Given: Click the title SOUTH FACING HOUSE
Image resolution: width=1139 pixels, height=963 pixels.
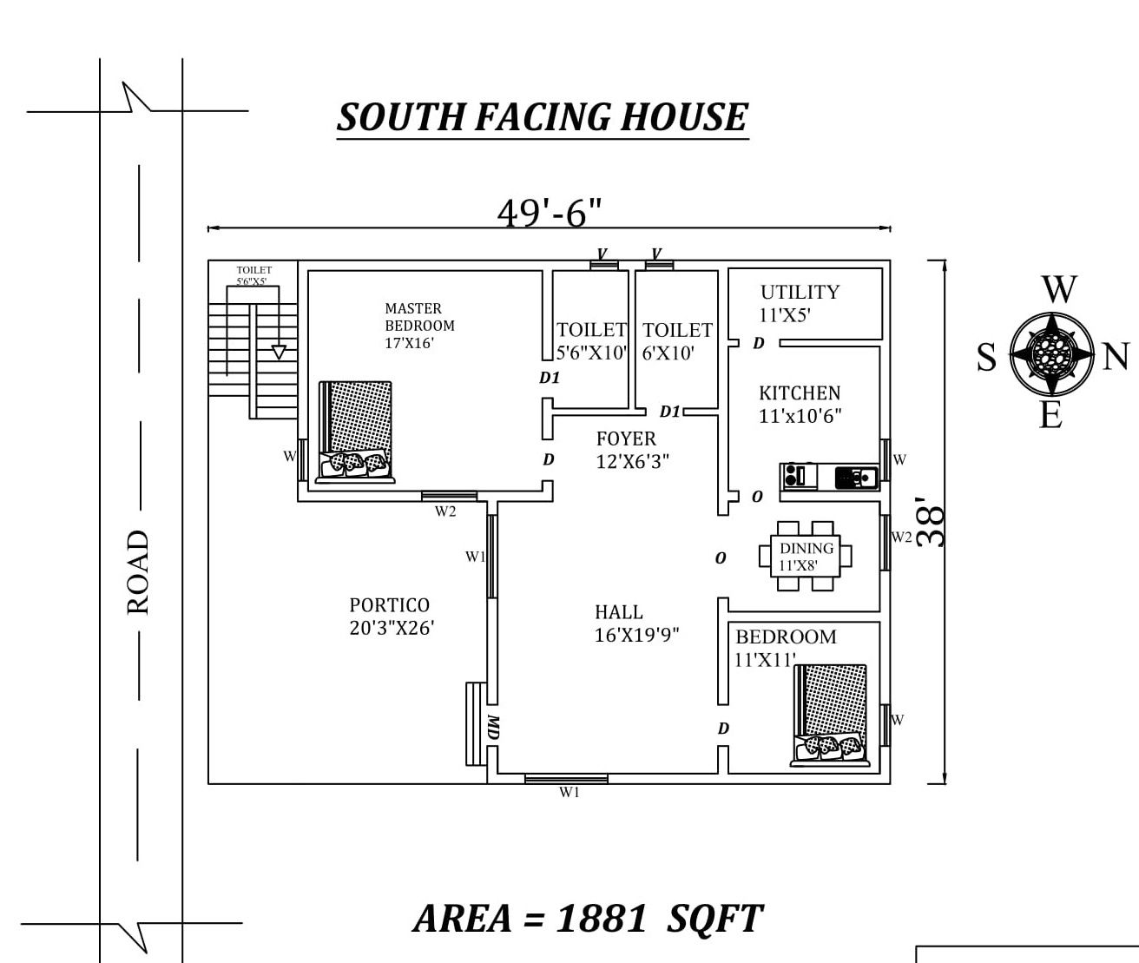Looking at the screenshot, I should tap(543, 118).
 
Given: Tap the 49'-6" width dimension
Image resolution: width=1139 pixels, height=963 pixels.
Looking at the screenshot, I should tap(550, 212).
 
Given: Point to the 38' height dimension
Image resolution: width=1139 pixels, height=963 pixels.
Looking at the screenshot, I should tap(932, 521).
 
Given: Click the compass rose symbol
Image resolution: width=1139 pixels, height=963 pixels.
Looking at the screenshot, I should tap(1052, 353).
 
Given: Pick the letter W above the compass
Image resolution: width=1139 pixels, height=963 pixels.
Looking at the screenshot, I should tap(1059, 290).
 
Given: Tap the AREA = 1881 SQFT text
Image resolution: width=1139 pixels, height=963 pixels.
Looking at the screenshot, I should tap(588, 919).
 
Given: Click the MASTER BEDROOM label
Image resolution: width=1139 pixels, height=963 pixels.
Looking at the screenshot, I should tap(419, 325).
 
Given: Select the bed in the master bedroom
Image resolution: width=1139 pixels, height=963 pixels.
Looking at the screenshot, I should tap(355, 432).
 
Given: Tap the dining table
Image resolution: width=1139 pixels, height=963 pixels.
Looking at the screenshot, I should tap(806, 556).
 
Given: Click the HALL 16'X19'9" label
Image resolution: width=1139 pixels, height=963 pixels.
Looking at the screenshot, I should tap(635, 623).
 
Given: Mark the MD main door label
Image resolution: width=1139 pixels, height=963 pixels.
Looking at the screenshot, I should tap(493, 728).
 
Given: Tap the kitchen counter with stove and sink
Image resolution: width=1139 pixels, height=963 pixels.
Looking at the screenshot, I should tap(830, 477).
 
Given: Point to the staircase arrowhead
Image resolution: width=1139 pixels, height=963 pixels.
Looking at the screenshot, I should tap(279, 352).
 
